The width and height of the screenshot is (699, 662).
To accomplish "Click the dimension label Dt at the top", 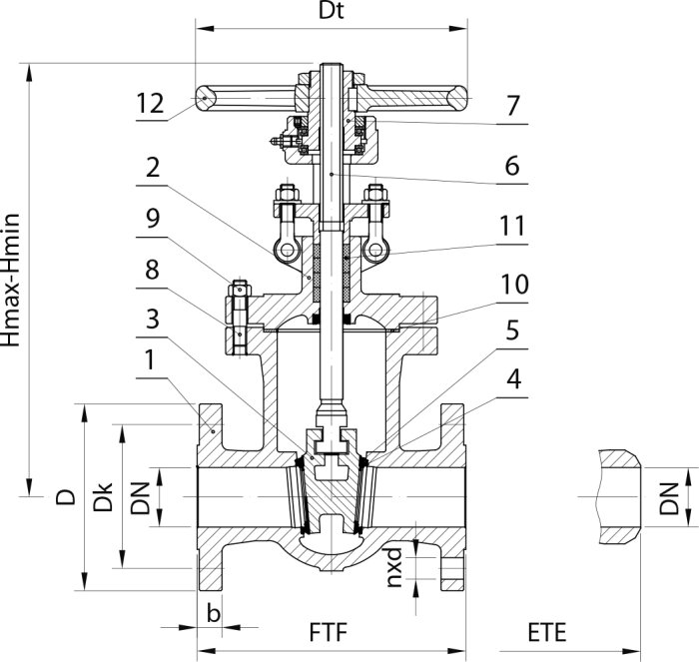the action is pos(332,11).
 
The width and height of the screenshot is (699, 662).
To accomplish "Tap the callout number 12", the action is pos(150,103).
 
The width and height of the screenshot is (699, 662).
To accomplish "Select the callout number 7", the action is pos(512,106).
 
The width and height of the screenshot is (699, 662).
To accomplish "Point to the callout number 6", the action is pos(512,166).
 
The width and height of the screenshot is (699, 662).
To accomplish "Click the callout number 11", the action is pos(512,226).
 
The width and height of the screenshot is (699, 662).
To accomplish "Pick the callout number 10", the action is pos(515,284).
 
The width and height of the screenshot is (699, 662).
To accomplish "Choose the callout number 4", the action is pos(514,379).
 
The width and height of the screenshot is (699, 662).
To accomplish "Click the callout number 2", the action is pos(153,168).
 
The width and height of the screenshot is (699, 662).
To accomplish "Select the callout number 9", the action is pos(153,219).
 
